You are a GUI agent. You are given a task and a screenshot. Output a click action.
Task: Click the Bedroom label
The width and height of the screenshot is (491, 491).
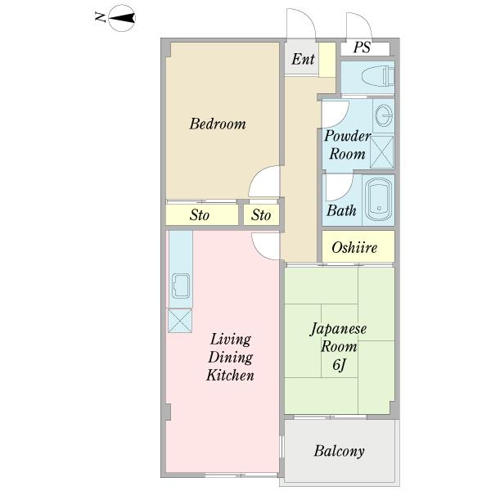(218, 124)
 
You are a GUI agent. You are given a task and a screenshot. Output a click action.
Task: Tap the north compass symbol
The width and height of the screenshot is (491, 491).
(121, 18)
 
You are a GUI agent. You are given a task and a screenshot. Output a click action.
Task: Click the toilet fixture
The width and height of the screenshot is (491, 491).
(378, 76)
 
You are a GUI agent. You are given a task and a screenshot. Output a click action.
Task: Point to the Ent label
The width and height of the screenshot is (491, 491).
(303, 59)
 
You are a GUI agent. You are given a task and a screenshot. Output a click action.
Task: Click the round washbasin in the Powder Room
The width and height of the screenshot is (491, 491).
(384, 115)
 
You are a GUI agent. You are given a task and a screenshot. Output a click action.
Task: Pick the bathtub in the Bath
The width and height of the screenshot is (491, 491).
(378, 199)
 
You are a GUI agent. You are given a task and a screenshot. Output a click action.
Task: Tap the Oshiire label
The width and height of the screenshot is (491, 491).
(354, 247)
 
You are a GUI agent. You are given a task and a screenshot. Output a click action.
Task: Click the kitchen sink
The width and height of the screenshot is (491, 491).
(181, 286)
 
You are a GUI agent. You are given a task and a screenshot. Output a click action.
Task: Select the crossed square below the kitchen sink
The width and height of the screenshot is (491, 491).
(180, 320)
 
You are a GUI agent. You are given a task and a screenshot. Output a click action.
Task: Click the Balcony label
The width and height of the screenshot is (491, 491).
(339, 451)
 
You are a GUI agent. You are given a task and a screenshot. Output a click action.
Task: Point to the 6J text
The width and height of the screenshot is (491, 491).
(339, 365)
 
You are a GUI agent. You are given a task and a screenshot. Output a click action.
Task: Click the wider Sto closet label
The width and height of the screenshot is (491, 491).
(200, 215)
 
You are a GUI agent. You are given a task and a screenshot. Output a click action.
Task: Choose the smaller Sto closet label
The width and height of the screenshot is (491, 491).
(261, 215)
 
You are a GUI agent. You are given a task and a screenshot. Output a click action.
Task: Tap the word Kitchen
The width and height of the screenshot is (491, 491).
(230, 375)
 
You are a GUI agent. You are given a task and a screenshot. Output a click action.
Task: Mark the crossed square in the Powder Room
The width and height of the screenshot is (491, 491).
(381, 152)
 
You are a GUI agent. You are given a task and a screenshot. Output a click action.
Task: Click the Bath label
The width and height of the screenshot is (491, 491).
(341, 210)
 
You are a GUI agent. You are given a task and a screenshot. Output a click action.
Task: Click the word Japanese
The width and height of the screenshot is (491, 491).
(338, 330)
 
